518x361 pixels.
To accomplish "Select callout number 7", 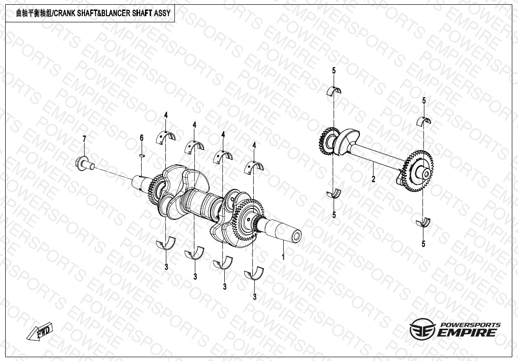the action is [x=84, y=139].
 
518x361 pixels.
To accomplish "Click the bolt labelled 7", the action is [x=85, y=162].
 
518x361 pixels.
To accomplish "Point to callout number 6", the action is [x=142, y=138].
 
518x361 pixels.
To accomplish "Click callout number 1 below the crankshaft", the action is [x=283, y=256].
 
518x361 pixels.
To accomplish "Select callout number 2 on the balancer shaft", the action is [x=374, y=180].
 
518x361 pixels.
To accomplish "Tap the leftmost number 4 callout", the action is [x=166, y=115].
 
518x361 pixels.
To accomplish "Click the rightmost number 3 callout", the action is [x=254, y=297].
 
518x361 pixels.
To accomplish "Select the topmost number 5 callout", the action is [x=334, y=71].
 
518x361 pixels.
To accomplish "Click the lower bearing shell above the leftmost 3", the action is [x=166, y=244].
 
